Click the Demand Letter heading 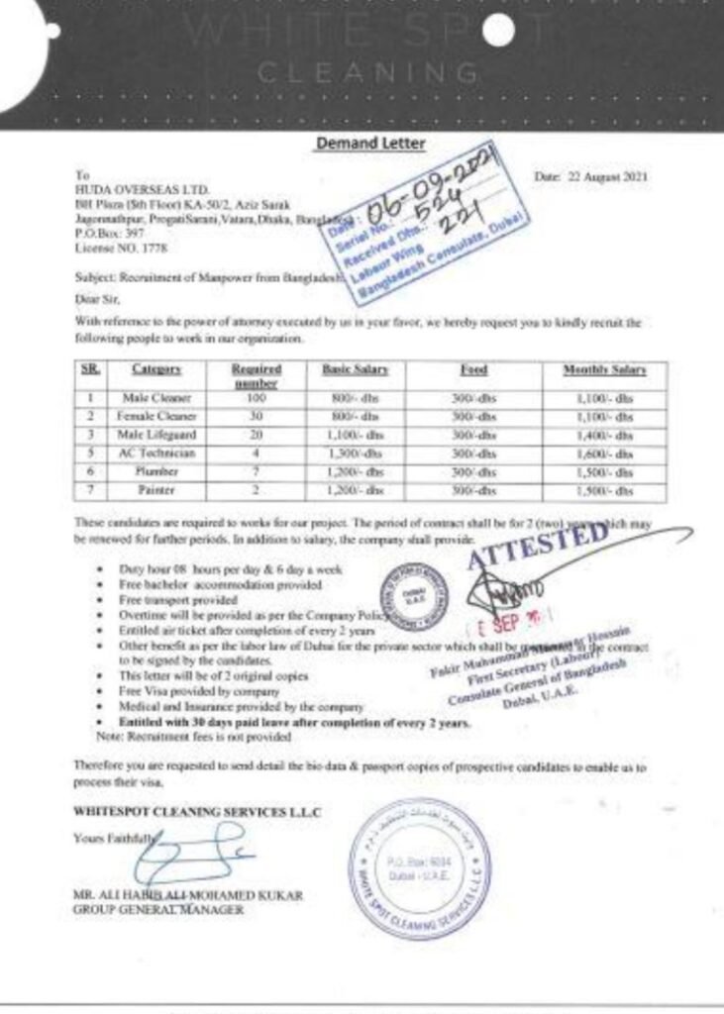pyautogui.click(x=369, y=144)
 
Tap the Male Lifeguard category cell pyautogui.click(x=156, y=434)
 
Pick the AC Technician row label pyautogui.click(x=156, y=453)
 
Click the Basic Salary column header pyautogui.click(x=354, y=369)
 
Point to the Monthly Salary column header pyautogui.click(x=604, y=369)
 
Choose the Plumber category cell pyautogui.click(x=156, y=471)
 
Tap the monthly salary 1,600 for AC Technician pyautogui.click(x=604, y=453)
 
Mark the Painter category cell pyautogui.click(x=156, y=490)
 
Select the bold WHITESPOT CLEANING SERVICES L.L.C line pyautogui.click(x=198, y=812)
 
